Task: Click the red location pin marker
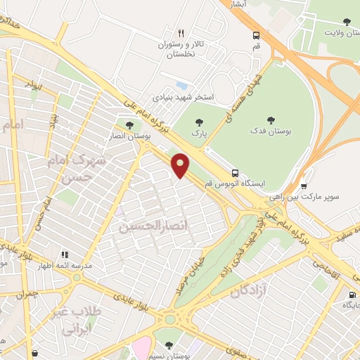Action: tap(181, 165)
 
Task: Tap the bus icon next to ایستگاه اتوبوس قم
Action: tap(235, 172)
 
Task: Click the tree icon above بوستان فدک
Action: tap(271, 120)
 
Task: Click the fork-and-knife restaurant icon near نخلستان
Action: tap(181, 33)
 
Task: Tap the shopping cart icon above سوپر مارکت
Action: tap(304, 187)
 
